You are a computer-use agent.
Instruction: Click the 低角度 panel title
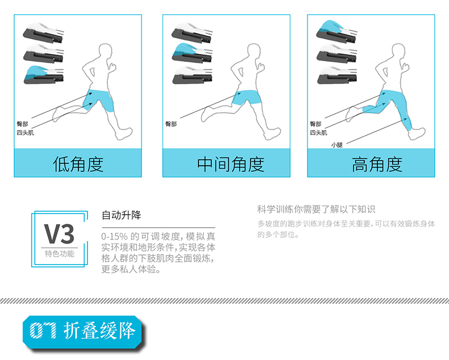coord(78,164)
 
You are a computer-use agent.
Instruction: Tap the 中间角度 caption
coord(231,164)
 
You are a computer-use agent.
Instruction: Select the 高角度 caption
coord(377,164)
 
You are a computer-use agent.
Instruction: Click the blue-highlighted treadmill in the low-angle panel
coord(43,75)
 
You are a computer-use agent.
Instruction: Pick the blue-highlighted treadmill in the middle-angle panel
coord(192,53)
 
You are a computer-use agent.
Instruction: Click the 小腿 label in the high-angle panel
coord(336,145)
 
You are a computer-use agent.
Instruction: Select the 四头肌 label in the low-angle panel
coord(25,133)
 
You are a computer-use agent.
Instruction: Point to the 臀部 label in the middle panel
coord(171,124)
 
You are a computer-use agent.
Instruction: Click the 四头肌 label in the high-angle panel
coord(318,133)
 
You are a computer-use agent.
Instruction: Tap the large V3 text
coord(59,234)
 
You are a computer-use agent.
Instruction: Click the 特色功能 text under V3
coord(60,254)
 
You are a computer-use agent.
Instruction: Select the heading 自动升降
coord(122,215)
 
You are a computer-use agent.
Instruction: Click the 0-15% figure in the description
coord(114,237)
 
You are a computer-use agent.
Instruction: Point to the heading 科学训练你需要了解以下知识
coord(316,210)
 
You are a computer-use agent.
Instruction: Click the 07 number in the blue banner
coord(43,330)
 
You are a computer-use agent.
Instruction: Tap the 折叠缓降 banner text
coord(99,330)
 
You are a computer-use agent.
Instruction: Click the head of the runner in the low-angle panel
coord(105,52)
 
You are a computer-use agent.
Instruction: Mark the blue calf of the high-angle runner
coord(406,122)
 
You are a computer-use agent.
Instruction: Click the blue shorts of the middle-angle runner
coord(247,97)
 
